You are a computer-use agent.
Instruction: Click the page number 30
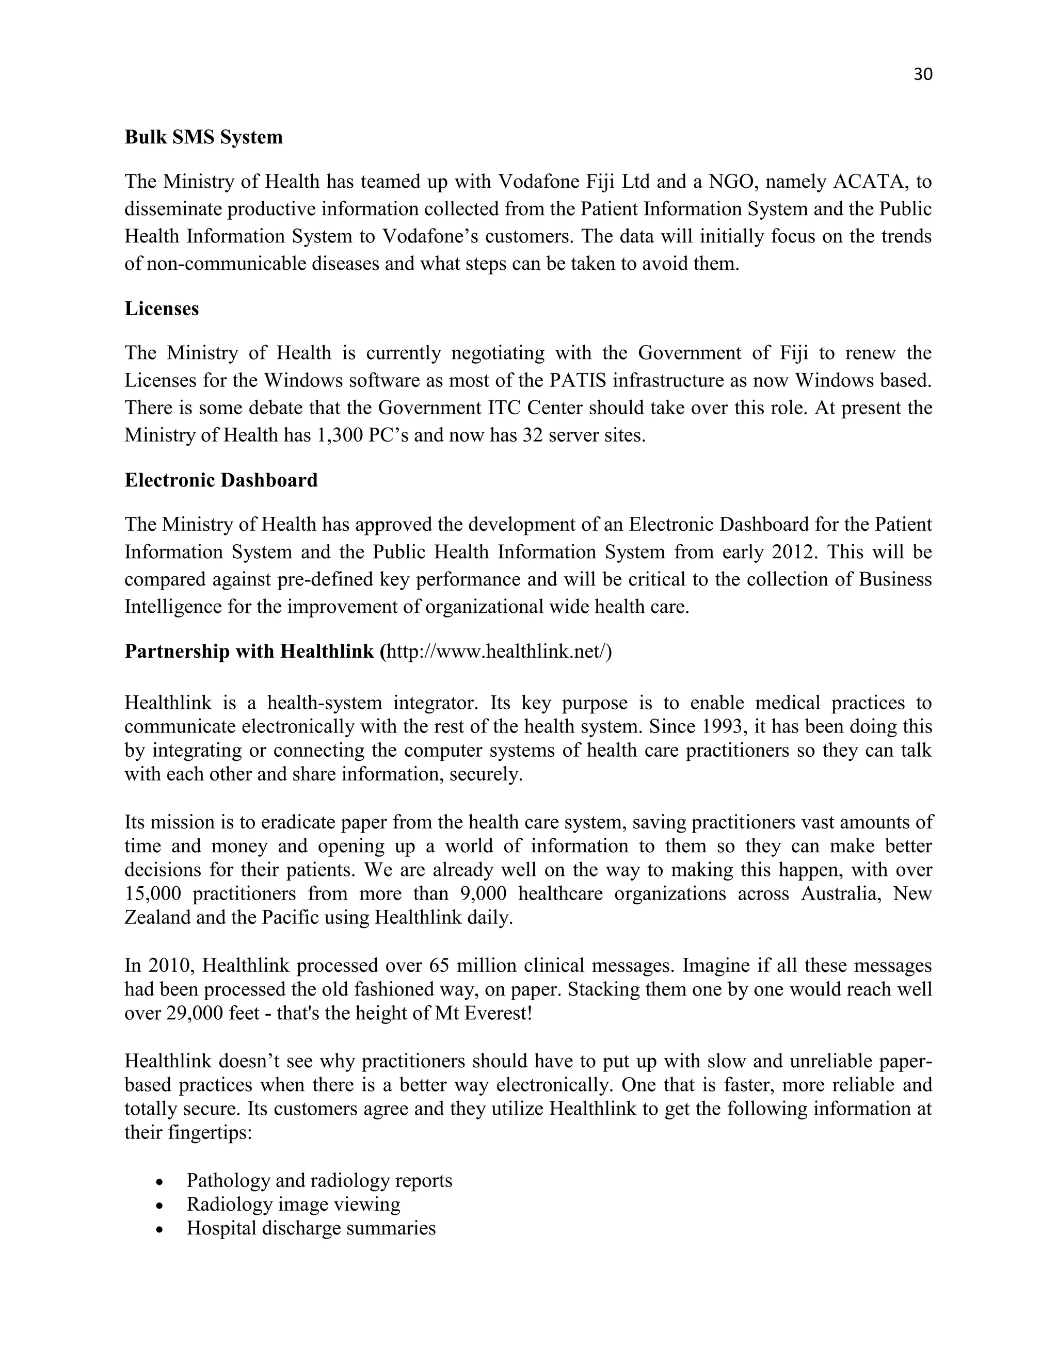(x=923, y=74)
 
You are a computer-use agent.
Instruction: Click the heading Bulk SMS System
(x=203, y=137)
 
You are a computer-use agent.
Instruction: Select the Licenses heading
(x=162, y=308)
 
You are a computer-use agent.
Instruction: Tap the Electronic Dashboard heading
(x=221, y=480)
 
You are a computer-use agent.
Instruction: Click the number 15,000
(x=152, y=894)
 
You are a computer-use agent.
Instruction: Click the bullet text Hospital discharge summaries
(x=311, y=1228)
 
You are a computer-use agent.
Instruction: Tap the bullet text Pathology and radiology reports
(x=319, y=1180)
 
